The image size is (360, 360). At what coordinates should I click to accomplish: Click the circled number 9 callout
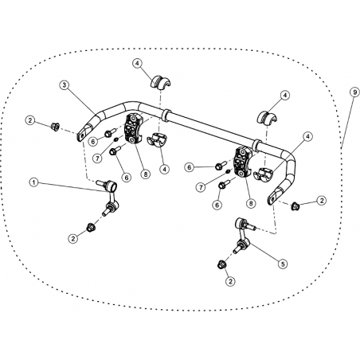click(354, 92)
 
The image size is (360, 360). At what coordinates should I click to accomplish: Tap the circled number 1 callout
click(33, 182)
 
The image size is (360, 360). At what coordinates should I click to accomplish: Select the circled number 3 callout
click(65, 85)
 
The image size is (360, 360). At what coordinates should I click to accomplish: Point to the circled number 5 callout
click(283, 264)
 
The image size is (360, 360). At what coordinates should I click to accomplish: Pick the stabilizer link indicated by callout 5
click(244, 235)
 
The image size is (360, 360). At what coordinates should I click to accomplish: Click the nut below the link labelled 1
click(91, 228)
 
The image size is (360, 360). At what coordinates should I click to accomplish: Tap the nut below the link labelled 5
click(221, 264)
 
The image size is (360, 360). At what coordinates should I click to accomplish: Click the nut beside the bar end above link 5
click(295, 206)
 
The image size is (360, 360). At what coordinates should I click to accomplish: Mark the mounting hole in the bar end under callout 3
click(81, 137)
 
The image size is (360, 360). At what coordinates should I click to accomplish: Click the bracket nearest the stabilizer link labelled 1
click(132, 128)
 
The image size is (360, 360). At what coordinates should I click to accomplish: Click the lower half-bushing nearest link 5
click(264, 174)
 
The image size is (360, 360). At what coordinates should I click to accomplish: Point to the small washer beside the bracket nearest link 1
click(116, 139)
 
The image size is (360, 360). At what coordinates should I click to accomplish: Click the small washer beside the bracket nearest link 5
click(228, 171)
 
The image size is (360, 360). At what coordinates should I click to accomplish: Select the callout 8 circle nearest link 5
click(251, 203)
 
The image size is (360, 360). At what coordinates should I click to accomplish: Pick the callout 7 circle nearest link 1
click(98, 158)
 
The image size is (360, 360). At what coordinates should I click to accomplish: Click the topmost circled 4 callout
click(137, 64)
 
